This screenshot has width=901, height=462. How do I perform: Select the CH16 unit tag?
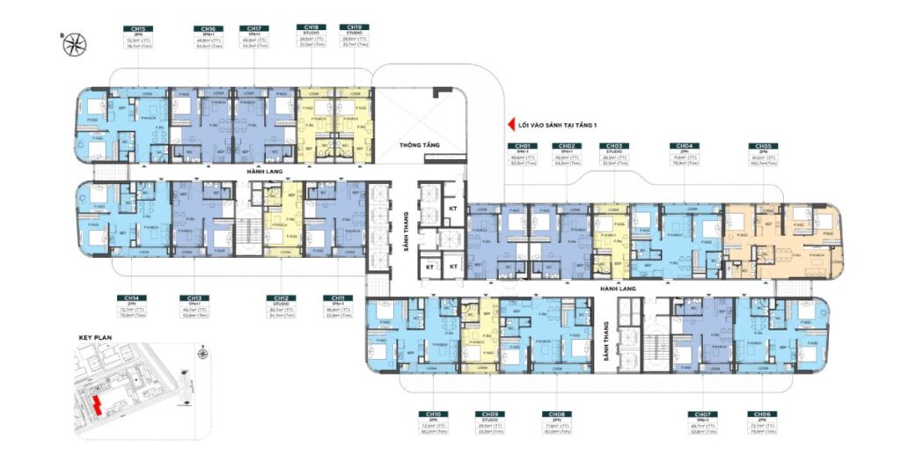point(208,28)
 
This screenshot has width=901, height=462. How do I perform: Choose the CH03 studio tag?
point(613,145)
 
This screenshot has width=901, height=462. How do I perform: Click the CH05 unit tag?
point(761,145)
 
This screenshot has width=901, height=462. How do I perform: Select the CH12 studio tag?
point(278,297)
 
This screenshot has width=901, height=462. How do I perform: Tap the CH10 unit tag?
point(432,414)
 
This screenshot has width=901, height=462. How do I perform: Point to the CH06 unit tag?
point(760,414)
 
